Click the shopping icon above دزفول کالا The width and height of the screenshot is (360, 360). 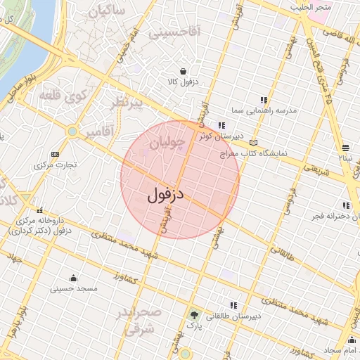(x=183, y=71)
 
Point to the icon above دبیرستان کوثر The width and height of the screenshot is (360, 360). (x=221, y=125)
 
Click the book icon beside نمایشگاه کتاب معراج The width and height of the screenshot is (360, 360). (x=253, y=143)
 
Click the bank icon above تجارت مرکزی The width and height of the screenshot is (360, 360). (x=56, y=154)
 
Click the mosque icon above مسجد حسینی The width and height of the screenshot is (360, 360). (x=73, y=277)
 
